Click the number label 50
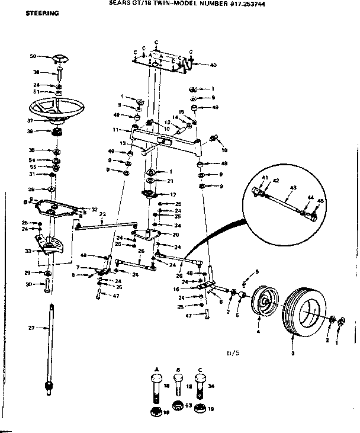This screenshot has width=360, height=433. tap(33, 56)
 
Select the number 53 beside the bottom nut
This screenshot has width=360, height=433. tap(188, 406)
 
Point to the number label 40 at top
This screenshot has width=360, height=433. tap(213, 64)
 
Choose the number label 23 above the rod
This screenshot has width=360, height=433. tap(102, 214)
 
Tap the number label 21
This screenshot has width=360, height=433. tap(170, 181)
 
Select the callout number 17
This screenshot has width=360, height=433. tap(173, 194)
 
